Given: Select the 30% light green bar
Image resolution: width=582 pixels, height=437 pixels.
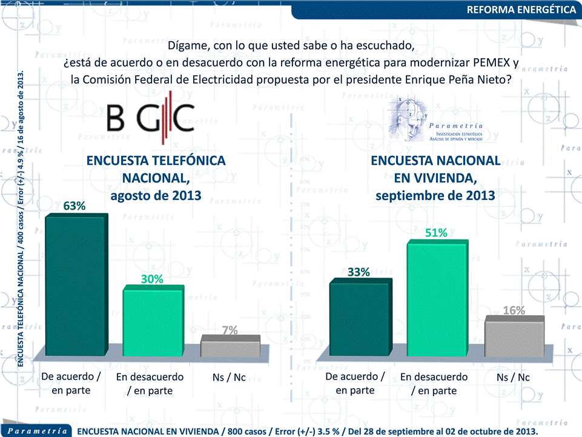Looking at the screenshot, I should pos(152,321).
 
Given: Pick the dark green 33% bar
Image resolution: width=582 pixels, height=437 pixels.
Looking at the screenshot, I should pos(359,318).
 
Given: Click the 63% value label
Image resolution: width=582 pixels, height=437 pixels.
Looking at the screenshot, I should pos(74,206).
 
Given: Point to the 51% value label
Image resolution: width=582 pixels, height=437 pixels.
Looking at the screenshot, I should pos(436,233).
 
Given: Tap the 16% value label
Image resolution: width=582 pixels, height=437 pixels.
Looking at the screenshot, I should pos(514,310).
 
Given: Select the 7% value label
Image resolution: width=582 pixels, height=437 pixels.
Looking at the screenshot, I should pos(230,330).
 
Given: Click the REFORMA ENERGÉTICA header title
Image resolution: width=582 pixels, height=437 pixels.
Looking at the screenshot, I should pos(521,10).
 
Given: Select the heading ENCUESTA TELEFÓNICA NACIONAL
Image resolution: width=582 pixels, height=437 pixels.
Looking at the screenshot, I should pos(156,168).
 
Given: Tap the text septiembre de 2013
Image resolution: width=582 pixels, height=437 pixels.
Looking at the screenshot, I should pos(435,195).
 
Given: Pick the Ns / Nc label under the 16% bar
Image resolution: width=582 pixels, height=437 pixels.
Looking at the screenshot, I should pos(513,378).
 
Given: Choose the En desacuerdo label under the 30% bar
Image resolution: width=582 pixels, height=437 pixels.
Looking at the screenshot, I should pos(150,377).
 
